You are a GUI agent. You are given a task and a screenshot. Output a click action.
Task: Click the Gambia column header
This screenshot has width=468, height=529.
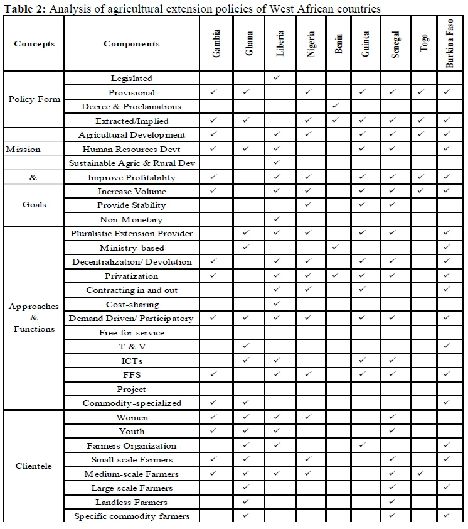click(x=216, y=45)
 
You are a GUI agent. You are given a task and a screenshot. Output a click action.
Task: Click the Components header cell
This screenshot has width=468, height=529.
click(x=132, y=44)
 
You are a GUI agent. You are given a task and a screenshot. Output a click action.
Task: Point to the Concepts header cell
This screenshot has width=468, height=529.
click(x=35, y=44)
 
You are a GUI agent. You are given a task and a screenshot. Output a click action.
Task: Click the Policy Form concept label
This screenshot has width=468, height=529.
click(x=35, y=99)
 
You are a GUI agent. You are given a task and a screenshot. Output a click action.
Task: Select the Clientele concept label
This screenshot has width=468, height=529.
click(x=35, y=466)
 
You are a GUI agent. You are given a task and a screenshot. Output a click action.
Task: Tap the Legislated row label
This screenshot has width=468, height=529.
click(x=132, y=79)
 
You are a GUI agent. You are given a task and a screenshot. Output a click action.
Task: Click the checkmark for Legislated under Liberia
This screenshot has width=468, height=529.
click(x=277, y=78)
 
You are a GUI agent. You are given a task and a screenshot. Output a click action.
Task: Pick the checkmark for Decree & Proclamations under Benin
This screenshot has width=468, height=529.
click(x=336, y=106)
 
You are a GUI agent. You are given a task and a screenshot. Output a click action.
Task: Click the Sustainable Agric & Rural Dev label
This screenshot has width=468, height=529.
click(x=132, y=163)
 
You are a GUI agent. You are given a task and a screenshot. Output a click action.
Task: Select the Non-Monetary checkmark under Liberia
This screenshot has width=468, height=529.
click(x=277, y=219)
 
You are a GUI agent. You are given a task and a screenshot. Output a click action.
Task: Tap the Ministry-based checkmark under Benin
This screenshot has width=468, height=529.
click(x=336, y=248)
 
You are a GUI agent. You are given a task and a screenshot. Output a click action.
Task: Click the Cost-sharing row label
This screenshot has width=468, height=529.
click(x=132, y=304)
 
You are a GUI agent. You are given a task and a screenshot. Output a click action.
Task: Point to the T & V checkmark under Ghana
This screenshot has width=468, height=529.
click(x=246, y=346)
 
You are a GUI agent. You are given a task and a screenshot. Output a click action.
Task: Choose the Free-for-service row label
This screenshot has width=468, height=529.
click(x=132, y=332)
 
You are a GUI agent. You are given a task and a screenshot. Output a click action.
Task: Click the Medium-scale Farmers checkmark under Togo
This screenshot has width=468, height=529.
click(x=422, y=474)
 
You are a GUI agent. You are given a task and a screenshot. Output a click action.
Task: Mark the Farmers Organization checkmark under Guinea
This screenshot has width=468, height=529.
click(x=363, y=445)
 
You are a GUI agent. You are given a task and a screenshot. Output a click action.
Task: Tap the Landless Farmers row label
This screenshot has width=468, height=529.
click(x=132, y=502)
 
